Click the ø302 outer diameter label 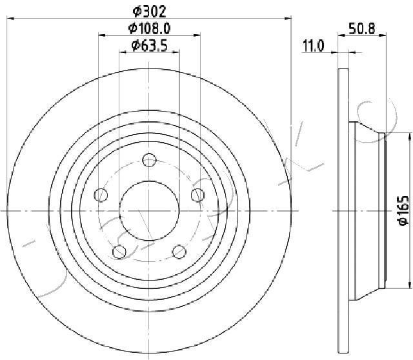tap(149, 12)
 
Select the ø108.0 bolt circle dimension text tap(149, 28)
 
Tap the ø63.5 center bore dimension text tap(149, 46)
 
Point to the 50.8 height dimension tap(361, 28)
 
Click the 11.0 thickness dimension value tap(313, 46)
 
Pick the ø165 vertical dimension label tap(403, 210)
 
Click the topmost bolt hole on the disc tap(149, 160)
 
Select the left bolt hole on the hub tap(101, 195)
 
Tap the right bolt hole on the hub tap(197, 195)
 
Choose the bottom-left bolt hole tap(119, 252)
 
